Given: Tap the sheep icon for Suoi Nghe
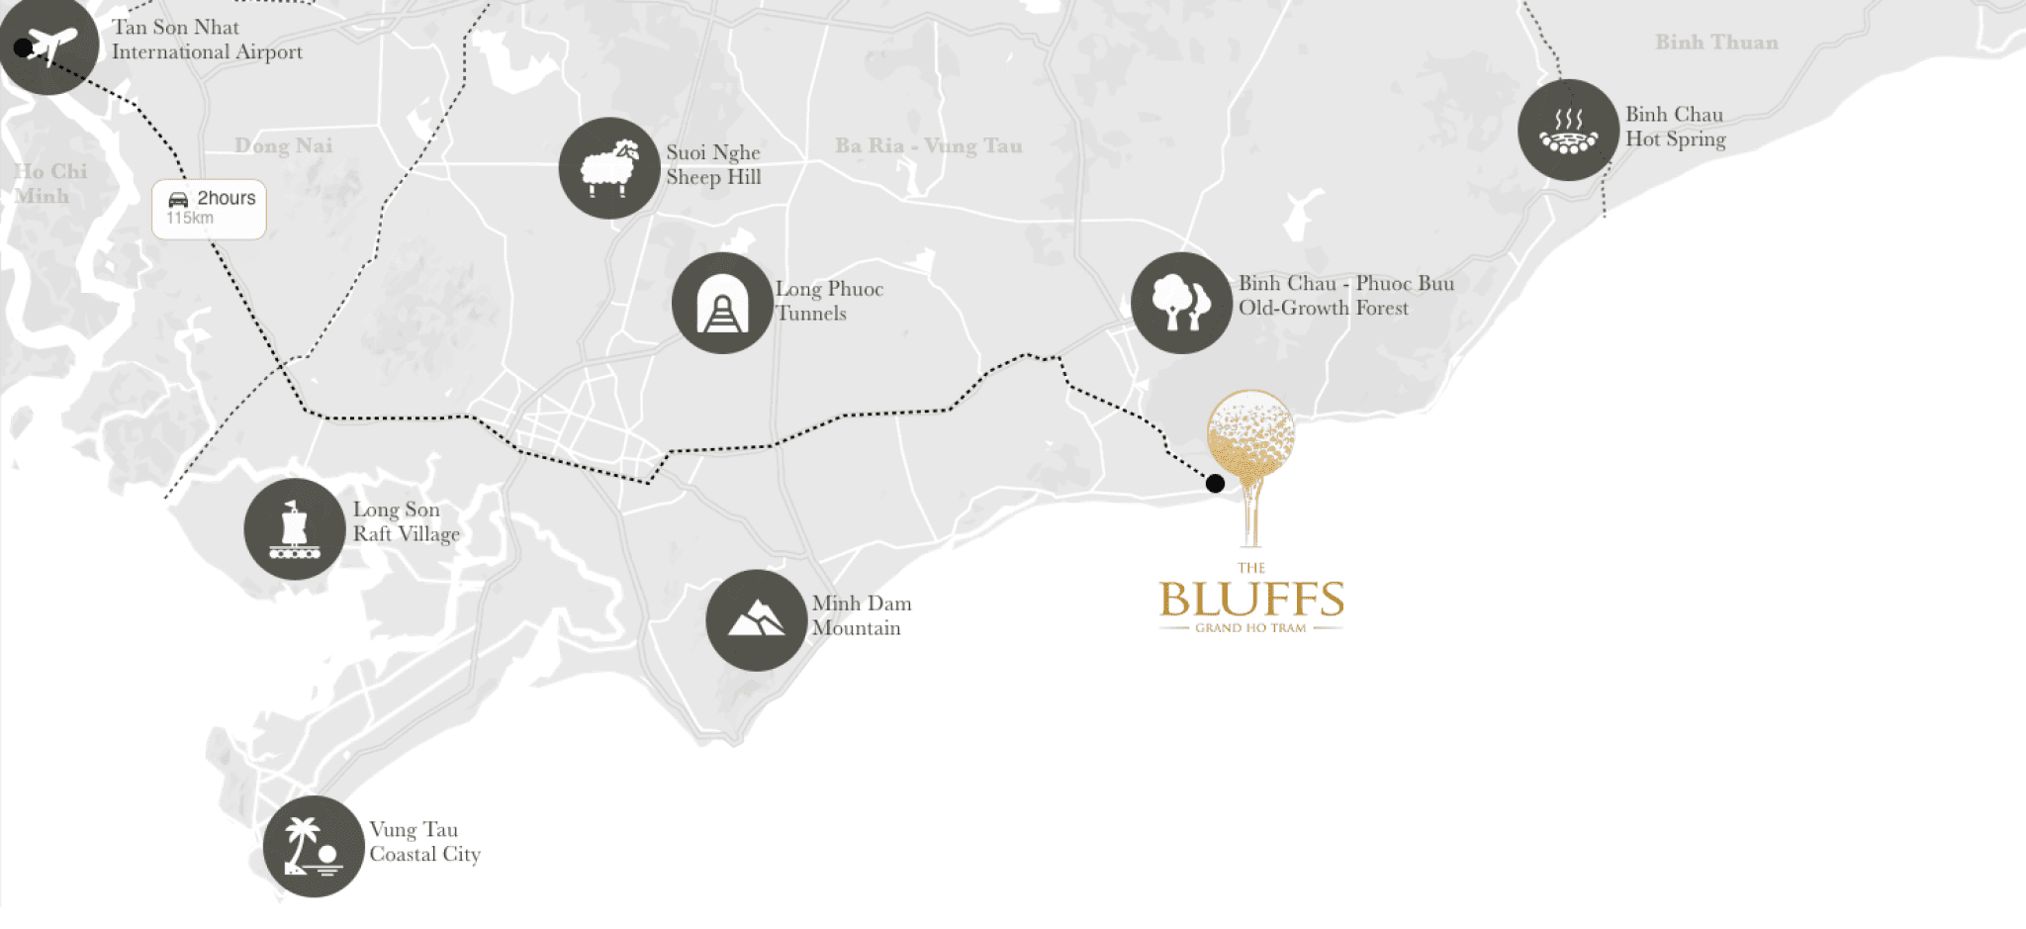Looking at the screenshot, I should click(x=608, y=168).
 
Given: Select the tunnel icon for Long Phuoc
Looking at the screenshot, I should click(x=722, y=303).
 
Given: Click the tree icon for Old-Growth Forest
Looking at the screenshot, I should click(x=1181, y=302).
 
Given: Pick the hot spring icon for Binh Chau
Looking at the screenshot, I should click(x=1568, y=130).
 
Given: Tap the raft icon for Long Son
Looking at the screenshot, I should click(x=294, y=529).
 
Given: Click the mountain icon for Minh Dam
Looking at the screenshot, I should click(x=756, y=620).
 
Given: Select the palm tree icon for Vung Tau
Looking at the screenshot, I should click(x=314, y=846).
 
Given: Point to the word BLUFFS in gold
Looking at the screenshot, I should click(x=1251, y=600).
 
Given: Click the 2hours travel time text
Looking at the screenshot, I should click(x=226, y=198).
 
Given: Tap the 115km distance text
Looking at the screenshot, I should click(x=190, y=219).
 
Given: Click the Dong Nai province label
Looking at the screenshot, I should click(x=283, y=146).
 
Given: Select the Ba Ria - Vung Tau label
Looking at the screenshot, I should click(x=928, y=146).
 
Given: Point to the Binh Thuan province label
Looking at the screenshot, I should click(x=1716, y=43).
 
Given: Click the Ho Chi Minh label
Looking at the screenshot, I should click(x=49, y=183).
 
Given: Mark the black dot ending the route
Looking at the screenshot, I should click(x=1215, y=483).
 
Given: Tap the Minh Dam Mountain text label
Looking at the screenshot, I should click(x=861, y=615).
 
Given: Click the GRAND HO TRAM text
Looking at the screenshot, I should click(x=1250, y=628).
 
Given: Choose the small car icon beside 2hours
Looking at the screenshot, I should click(x=178, y=199).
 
